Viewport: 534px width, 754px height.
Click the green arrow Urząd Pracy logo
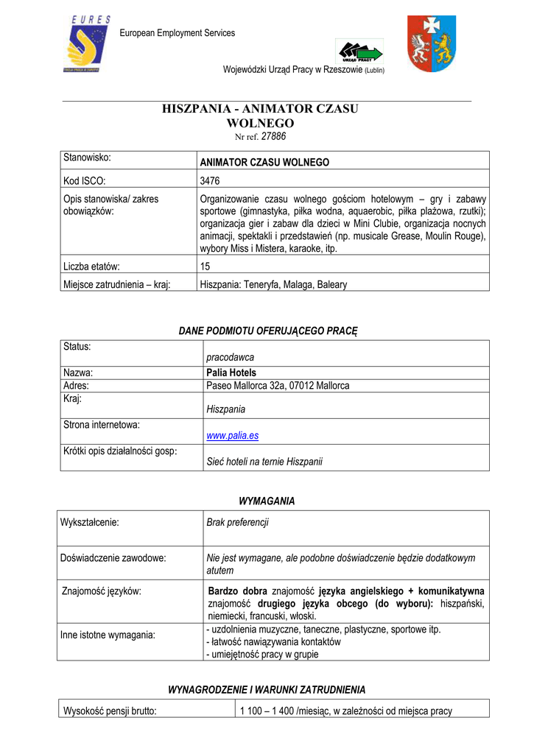pyautogui.click(x=359, y=52)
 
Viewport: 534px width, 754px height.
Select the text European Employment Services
pyautogui.click(x=178, y=33)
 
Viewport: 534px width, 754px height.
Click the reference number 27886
pyautogui.click(x=274, y=136)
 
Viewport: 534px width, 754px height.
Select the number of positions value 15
pyautogui.click(x=205, y=266)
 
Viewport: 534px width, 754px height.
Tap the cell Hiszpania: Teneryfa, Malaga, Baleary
pyautogui.click(x=273, y=284)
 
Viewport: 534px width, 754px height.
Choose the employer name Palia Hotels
pyautogui.click(x=231, y=373)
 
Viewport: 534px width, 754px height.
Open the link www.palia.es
pyautogui.click(x=232, y=436)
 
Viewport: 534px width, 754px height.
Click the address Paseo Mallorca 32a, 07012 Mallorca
pyautogui.click(x=278, y=385)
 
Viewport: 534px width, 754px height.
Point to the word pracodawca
pyautogui.click(x=230, y=357)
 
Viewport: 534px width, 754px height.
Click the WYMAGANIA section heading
pyautogui.click(x=267, y=501)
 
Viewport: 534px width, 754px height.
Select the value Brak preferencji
pyautogui.click(x=237, y=522)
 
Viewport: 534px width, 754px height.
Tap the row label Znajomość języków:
pyautogui.click(x=102, y=591)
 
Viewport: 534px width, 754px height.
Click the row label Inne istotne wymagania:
pyautogui.click(x=108, y=635)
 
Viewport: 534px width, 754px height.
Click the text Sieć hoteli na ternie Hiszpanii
pyautogui.click(x=264, y=462)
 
